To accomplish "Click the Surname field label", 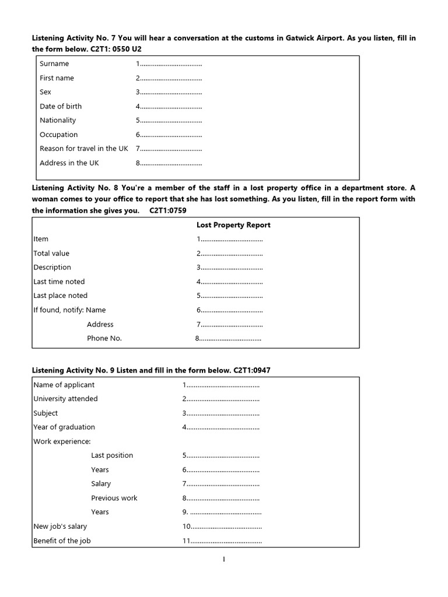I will pos(54,64).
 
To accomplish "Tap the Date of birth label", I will pos(61,106).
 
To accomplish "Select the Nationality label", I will pos(58,120).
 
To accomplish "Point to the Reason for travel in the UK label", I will pos(83,149).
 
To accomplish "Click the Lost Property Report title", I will pos(233,225).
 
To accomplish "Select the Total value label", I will pos(51,253).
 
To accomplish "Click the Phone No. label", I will pos(104,338).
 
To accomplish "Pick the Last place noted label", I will pos(60,296).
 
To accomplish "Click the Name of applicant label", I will pos(64,385).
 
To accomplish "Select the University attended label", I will pos(65,399).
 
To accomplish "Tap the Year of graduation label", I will pos(64,427).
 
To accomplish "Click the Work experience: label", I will pos(62,441).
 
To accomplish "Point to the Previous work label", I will pos(114,498).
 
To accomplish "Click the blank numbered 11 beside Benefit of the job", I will pos(223,541).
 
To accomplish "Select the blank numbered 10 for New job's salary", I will pos(223,527).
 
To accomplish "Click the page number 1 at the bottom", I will pos(223,560).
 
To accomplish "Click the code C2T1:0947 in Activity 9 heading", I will pos(252,370).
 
